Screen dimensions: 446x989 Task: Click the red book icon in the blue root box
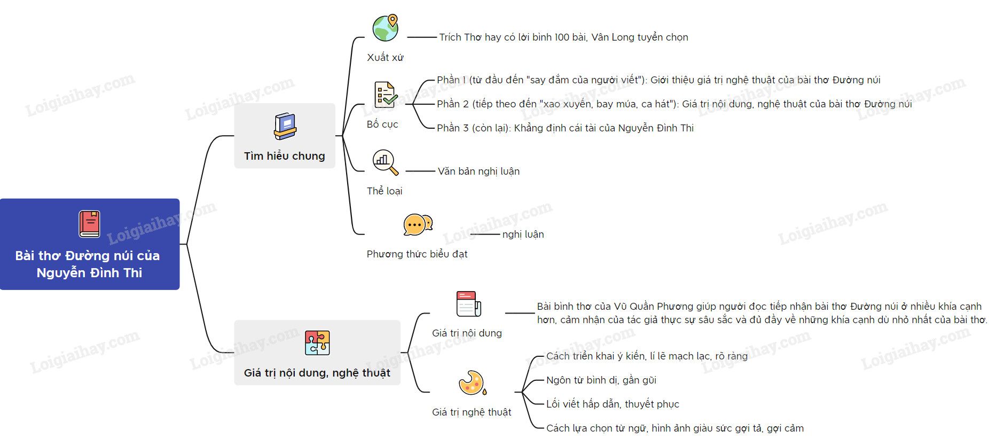point(90,224)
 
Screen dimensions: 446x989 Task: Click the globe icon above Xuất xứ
point(386,28)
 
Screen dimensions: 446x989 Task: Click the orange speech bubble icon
point(418,225)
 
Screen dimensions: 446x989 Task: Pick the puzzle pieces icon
point(317,343)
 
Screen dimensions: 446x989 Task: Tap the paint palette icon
point(472,383)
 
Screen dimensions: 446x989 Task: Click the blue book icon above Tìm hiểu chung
point(285,127)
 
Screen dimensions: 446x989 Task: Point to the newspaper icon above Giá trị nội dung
point(468,304)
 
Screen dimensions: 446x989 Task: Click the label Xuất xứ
point(385,58)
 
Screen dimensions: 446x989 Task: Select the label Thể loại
point(384,191)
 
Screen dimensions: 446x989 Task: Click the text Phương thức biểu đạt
point(417,254)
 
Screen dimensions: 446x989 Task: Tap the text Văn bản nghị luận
point(478,171)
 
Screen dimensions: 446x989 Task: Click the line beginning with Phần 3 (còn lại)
point(565,128)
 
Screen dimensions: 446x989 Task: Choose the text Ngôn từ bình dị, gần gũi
point(601,380)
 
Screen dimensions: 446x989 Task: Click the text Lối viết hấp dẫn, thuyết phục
point(613,404)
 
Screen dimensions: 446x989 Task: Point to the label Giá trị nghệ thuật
point(472,412)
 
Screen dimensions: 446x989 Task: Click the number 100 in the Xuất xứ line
point(562,37)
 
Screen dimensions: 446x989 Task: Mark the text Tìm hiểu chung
point(285,156)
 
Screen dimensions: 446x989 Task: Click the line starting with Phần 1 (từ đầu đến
point(658,80)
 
